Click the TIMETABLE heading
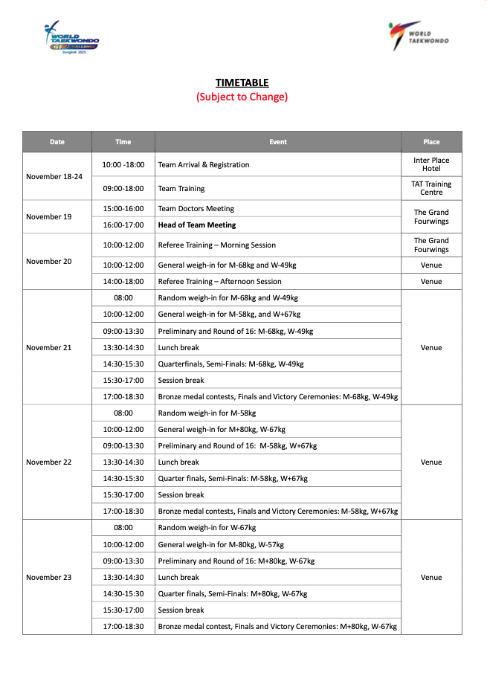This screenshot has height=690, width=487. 242,83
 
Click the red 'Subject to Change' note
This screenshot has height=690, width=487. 242,97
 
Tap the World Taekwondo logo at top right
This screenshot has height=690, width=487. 419,36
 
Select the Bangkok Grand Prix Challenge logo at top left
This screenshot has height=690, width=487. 71,37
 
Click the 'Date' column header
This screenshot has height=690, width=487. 57,142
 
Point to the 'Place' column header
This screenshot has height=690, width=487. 431,142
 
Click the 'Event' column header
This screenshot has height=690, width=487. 278,142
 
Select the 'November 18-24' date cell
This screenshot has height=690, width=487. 54,176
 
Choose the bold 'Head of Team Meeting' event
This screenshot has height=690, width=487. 197,225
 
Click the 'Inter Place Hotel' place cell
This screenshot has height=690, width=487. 431,164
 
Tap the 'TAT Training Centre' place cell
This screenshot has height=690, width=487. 431,188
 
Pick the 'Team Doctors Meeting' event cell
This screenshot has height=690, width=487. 196,209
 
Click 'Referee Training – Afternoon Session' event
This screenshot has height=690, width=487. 220,282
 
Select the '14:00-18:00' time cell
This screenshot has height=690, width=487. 123,282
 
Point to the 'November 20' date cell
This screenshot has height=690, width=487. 49,262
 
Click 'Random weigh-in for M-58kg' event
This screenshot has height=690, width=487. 207,413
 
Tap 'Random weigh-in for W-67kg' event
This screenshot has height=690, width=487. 207,528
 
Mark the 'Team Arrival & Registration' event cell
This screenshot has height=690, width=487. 204,165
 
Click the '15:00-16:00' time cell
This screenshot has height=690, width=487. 123,209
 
